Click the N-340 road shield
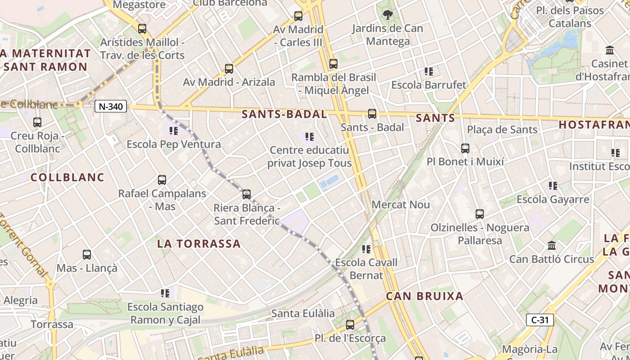[111, 107]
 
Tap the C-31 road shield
[540, 320]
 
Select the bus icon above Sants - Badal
[372, 114]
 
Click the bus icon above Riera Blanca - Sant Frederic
[247, 194]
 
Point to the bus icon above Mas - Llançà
[87, 255]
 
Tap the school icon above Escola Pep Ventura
[174, 131]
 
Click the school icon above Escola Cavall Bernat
[367, 249]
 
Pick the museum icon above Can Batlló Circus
[552, 246]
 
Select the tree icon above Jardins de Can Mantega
[387, 15]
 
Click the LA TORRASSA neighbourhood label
[199, 244]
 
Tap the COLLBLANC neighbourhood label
[67, 177]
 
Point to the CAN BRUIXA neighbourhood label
[425, 296]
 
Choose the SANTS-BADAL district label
[284, 114]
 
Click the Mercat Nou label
[401, 205]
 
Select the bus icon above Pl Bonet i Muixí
[465, 148]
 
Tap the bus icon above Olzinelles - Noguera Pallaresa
[480, 214]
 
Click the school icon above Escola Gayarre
[553, 185]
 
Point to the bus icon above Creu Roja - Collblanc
[37, 122]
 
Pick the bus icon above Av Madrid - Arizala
[229, 69]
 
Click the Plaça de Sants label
[502, 130]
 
